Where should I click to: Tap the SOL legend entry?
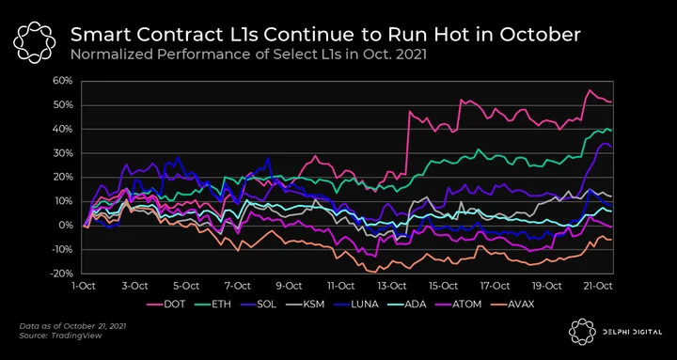[260, 305]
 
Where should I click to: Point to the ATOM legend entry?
[460, 305]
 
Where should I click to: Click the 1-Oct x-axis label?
[83, 286]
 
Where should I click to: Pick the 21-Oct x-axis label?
[599, 286]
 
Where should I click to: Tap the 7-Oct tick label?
[238, 286]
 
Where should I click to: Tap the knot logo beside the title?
[34, 42]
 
